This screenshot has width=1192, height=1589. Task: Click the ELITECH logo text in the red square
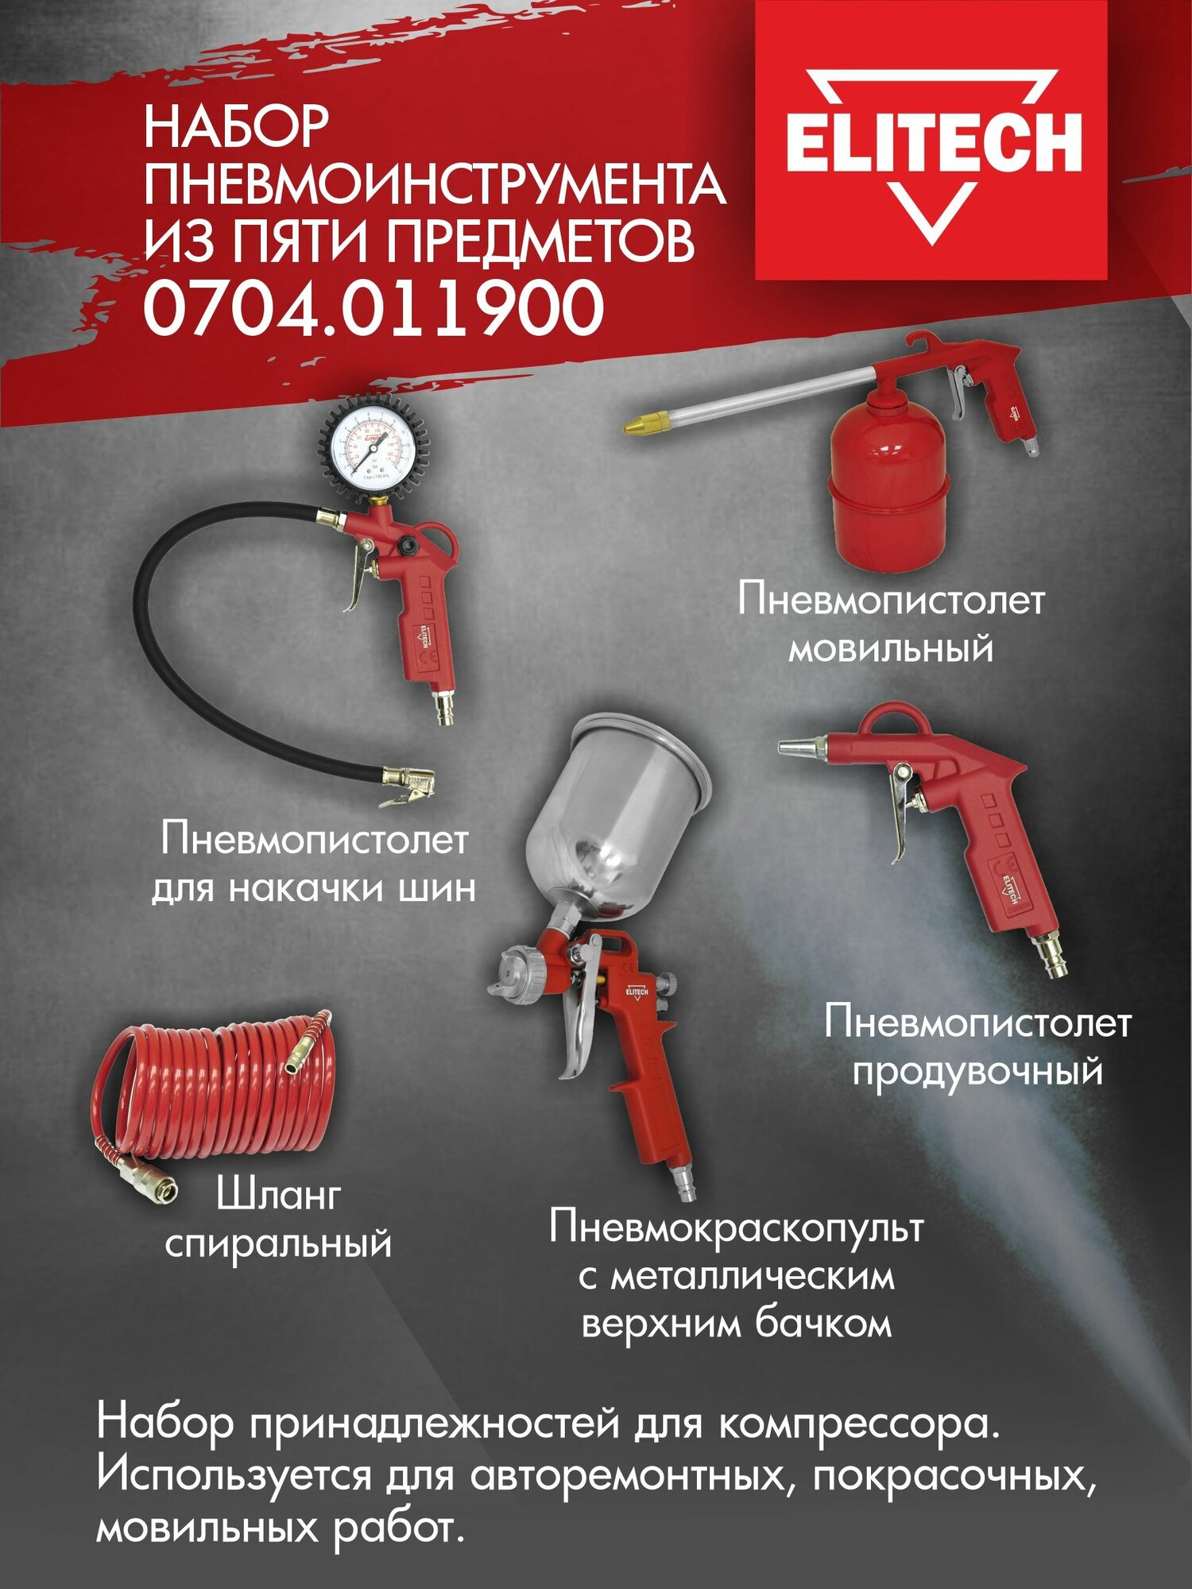933,143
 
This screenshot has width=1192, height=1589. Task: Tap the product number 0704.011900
373,308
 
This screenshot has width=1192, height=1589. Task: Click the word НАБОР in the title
236,127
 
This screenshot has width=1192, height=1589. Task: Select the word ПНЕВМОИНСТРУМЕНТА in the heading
434,184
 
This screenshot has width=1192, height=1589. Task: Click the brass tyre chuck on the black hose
408,782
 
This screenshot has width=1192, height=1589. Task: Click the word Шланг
278,1195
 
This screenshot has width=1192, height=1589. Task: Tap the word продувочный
977,1072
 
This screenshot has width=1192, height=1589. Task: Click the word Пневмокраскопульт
736,1228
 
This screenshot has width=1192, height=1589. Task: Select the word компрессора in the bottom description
858,1423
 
